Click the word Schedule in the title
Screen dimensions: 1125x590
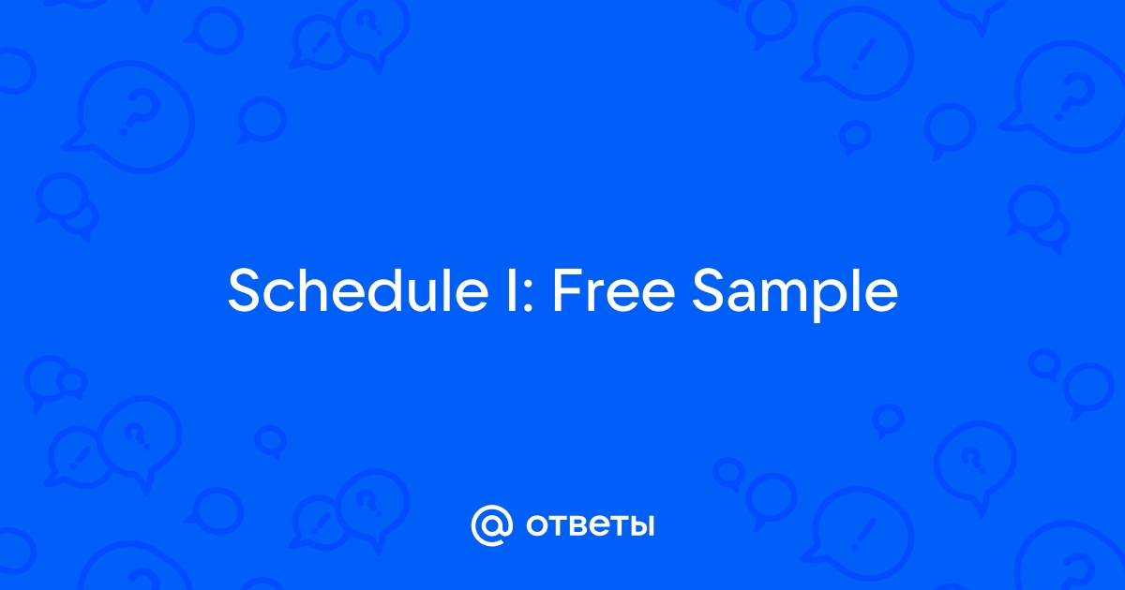point(358,290)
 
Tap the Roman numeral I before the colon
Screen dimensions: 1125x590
point(512,290)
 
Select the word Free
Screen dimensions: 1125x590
point(614,290)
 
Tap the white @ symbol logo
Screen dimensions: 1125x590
point(491,525)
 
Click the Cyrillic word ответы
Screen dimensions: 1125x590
point(590,525)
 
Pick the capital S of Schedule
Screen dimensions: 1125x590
point(245,290)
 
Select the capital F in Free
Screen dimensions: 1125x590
point(566,290)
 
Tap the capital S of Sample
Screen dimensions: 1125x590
point(709,290)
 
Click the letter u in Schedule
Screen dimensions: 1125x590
point(427,297)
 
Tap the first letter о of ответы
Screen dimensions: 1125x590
point(537,525)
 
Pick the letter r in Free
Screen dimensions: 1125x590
point(594,296)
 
